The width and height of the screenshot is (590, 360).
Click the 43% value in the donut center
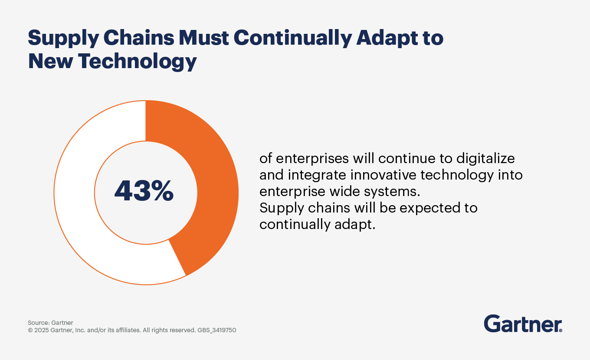144,191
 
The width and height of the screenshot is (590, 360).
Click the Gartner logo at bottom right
523,324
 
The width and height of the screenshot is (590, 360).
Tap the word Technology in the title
138,62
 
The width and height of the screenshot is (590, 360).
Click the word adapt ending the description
356,224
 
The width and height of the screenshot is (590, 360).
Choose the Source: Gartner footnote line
50,323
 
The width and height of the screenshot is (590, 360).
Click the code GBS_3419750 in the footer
217,330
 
